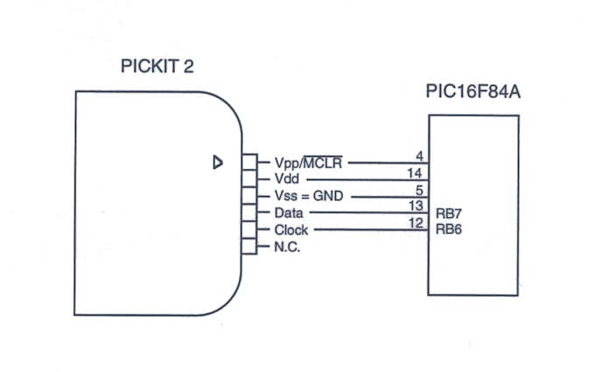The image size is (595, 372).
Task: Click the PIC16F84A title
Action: point(472,92)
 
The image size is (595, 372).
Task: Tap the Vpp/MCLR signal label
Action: point(309,162)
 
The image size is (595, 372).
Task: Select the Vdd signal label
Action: point(287,179)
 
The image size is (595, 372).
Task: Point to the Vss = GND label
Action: point(309,196)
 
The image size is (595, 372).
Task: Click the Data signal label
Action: point(290,213)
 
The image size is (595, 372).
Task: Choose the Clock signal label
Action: point(291,229)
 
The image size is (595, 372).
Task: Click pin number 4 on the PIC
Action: point(419,157)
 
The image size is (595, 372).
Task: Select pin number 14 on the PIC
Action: point(416,173)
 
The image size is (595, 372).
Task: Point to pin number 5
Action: point(419,190)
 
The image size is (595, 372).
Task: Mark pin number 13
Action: point(416,207)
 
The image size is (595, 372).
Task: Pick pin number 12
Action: point(416,224)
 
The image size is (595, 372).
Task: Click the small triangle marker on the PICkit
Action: point(218,161)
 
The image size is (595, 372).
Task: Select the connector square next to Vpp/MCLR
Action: point(250,162)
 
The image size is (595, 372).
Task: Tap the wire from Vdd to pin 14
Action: point(367,179)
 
